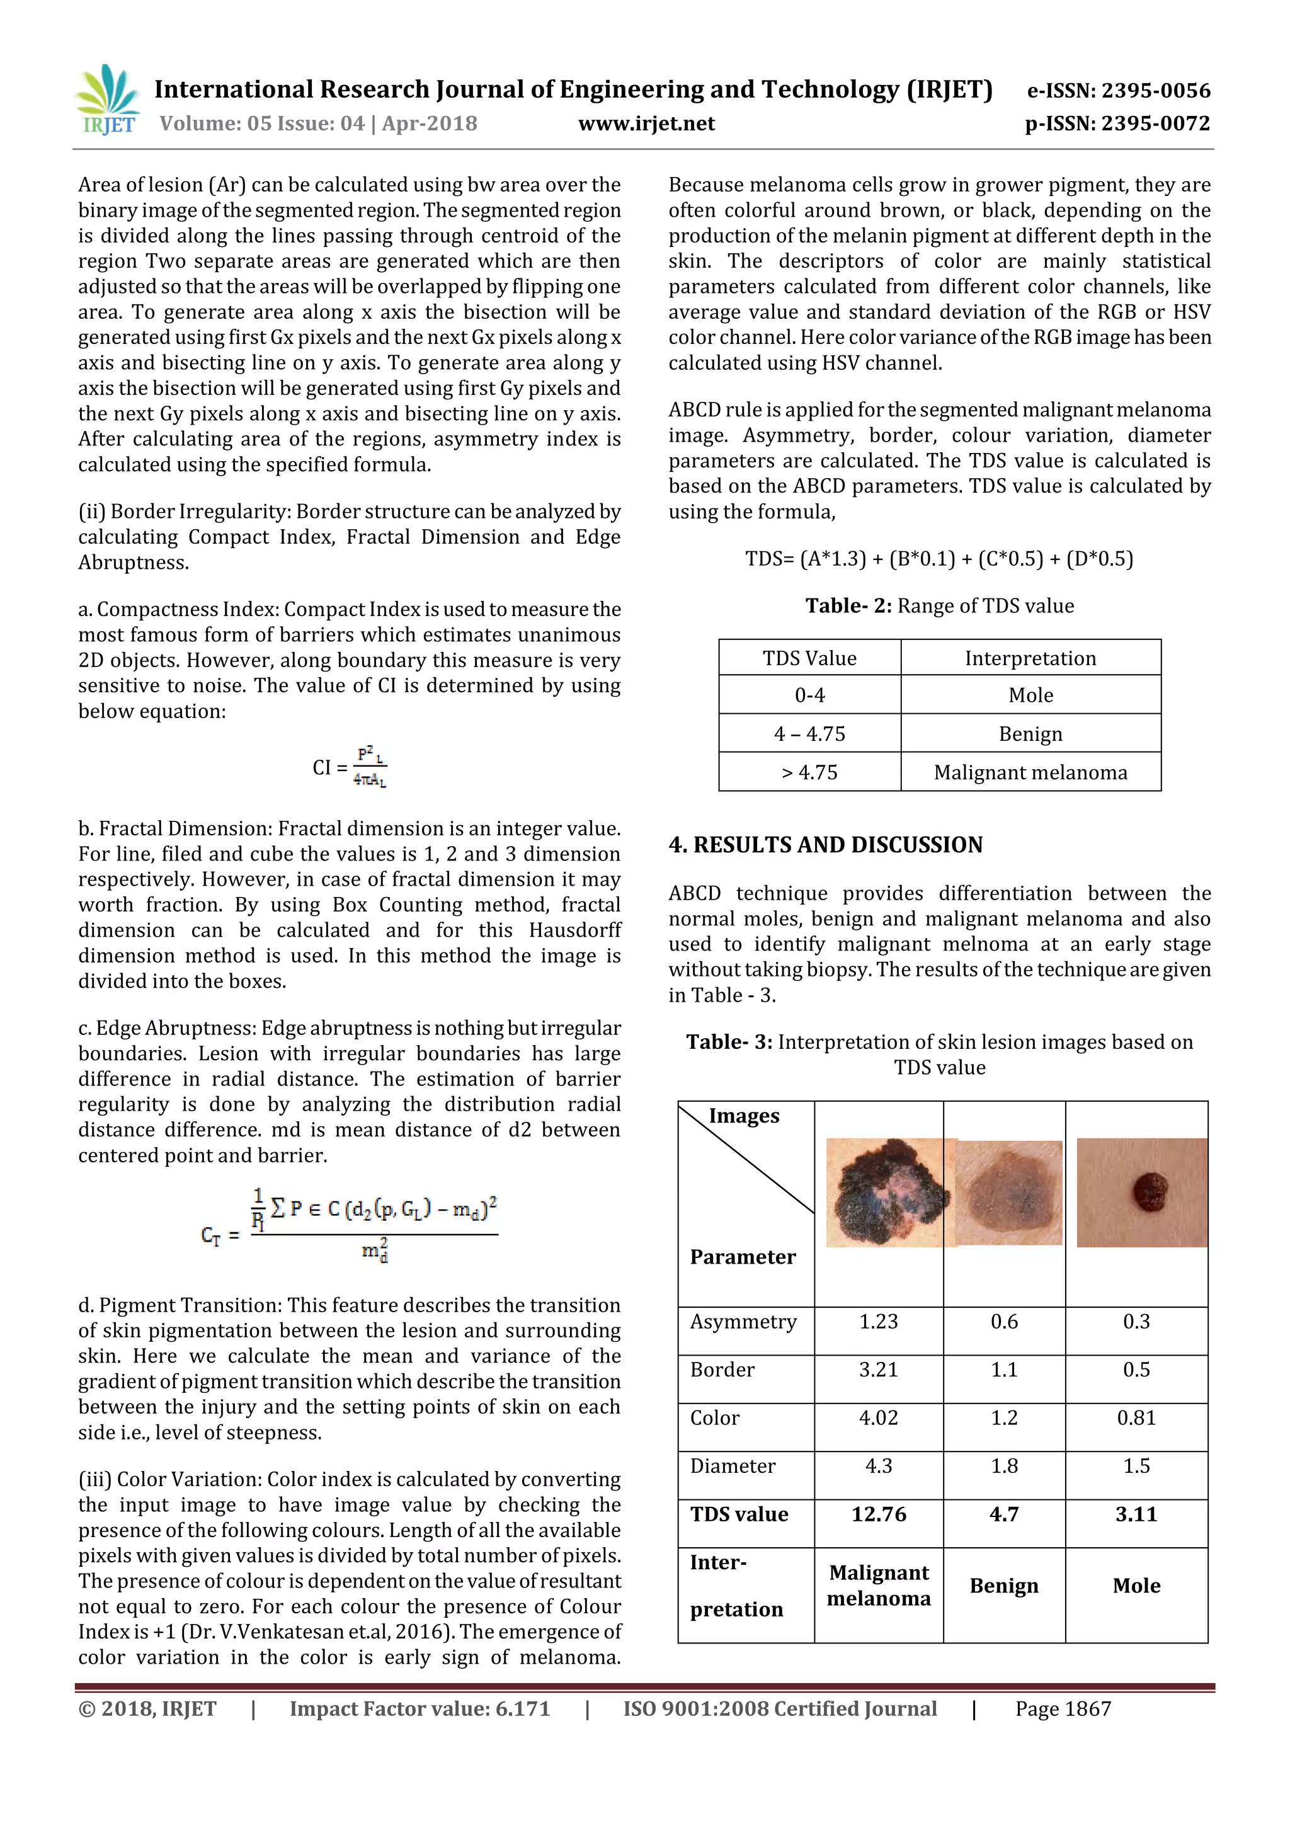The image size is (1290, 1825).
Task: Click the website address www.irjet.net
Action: coord(646,124)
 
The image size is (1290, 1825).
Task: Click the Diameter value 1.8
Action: coord(1004,1466)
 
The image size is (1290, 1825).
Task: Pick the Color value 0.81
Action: coord(1136,1418)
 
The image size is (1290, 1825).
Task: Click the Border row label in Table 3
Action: coord(722,1370)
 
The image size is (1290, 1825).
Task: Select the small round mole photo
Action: coord(1141,1193)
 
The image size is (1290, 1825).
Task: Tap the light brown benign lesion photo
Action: coord(1008,1193)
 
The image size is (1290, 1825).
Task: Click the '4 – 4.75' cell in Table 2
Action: coord(809,734)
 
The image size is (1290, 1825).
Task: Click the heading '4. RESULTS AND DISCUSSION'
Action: coord(825,844)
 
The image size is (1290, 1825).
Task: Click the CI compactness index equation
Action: coord(350,767)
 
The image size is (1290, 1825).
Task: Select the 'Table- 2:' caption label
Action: coord(848,605)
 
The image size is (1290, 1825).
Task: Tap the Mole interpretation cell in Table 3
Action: coord(1136,1586)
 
